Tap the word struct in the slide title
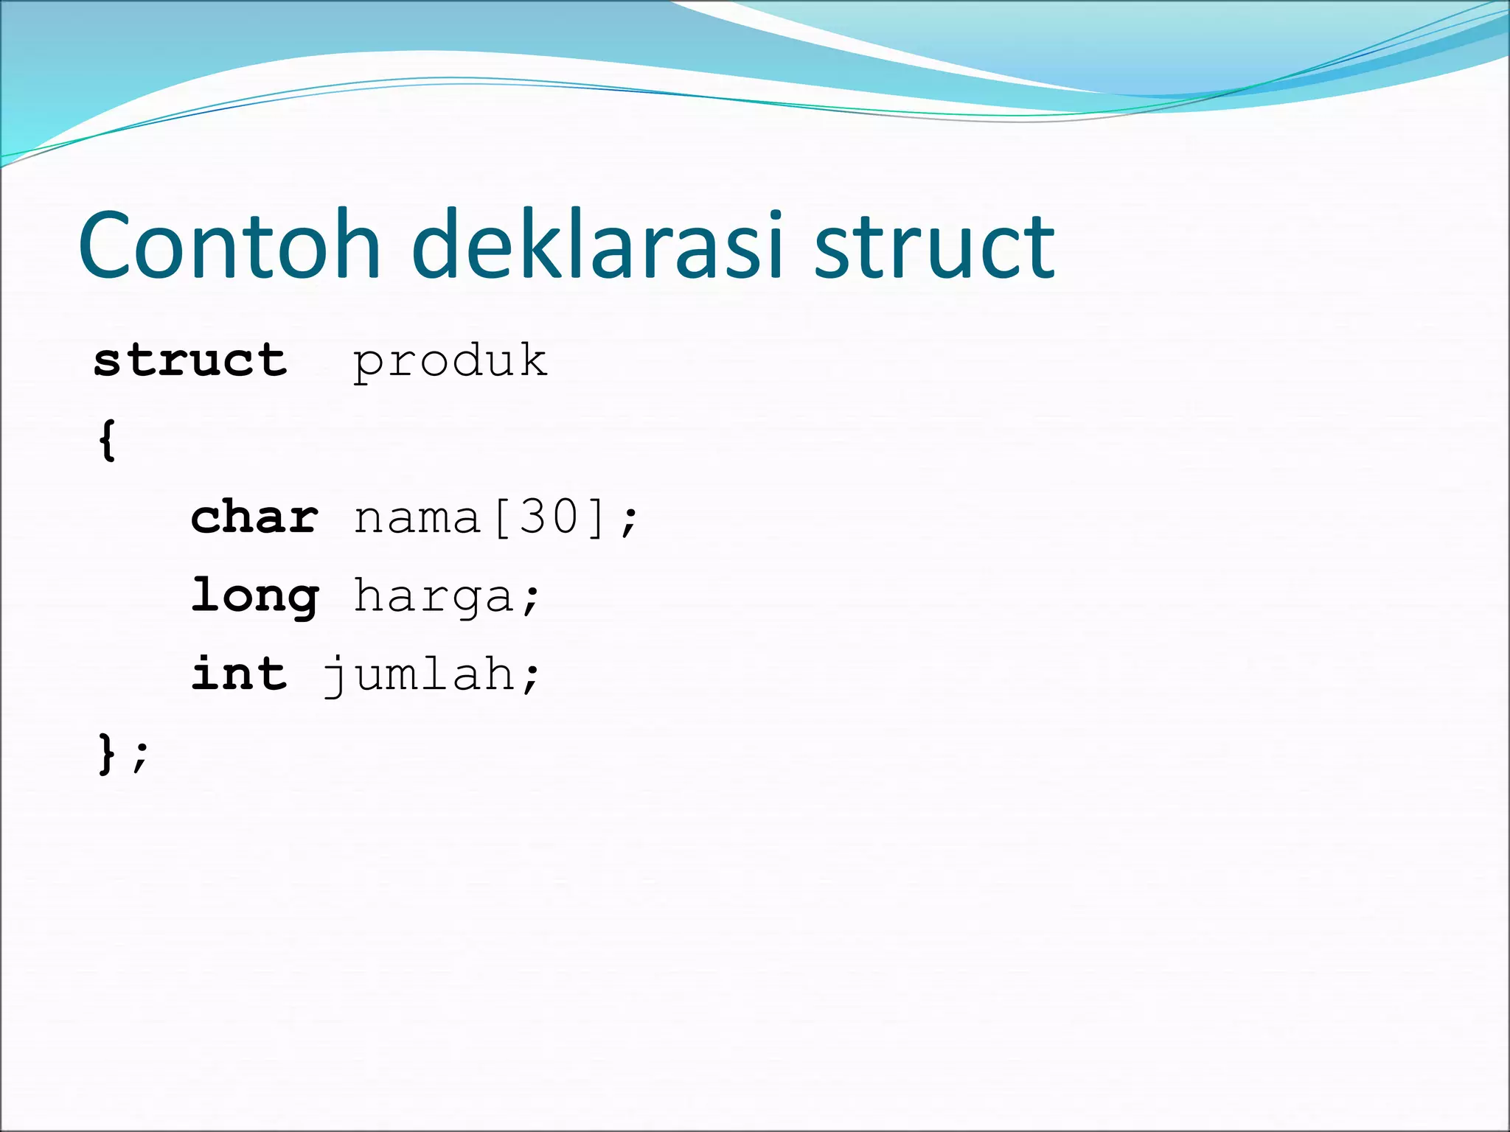[x=935, y=248]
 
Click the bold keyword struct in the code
[x=190, y=361]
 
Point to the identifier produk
[x=450, y=361]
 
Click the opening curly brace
[x=108, y=440]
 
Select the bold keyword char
[x=255, y=517]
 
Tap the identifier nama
[x=417, y=517]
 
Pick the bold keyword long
[x=255, y=597]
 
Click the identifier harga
[x=434, y=597]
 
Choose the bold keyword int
[x=239, y=674]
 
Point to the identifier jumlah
[x=419, y=675]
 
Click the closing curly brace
[x=108, y=754]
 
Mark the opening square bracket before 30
[x=501, y=517]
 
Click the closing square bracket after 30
[x=596, y=517]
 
